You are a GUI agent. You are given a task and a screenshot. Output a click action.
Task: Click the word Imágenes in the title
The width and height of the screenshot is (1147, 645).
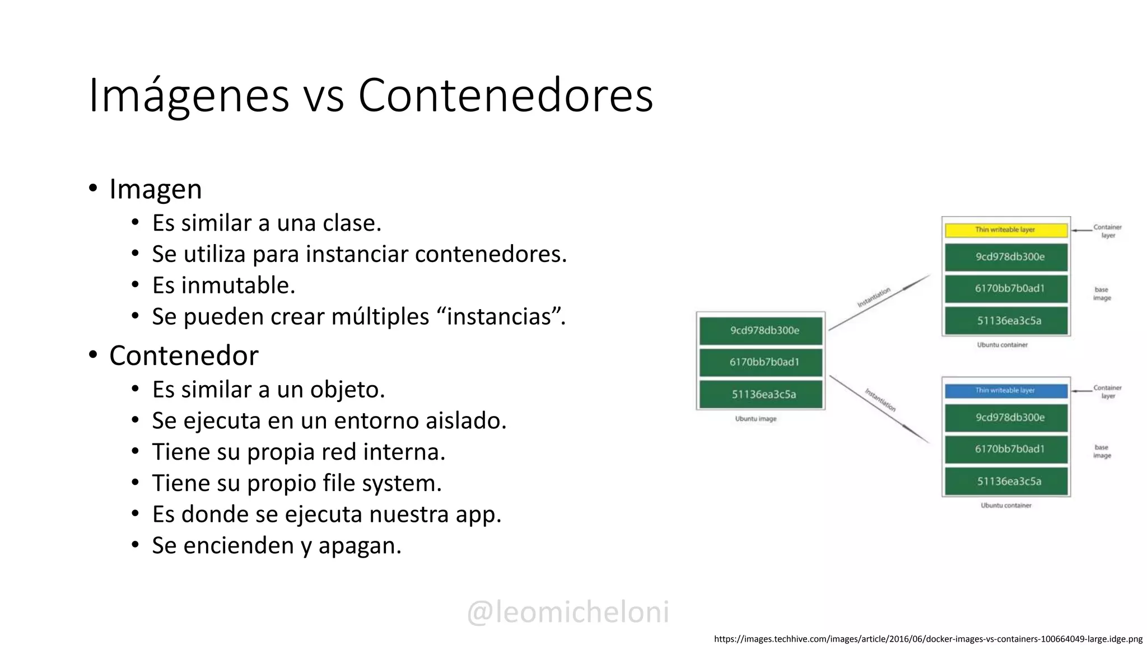(189, 95)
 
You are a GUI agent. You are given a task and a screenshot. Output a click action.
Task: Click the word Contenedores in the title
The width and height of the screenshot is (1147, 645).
(505, 95)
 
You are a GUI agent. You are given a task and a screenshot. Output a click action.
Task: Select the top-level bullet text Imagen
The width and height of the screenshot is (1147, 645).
(155, 189)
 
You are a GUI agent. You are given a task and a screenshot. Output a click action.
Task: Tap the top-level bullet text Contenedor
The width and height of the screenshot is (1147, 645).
(184, 356)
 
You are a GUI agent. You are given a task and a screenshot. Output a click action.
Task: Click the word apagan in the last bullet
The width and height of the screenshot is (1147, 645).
(359, 546)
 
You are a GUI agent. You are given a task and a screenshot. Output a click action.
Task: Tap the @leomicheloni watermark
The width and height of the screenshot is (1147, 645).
(568, 611)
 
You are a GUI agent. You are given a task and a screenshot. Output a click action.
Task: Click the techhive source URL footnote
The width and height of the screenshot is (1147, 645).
(928, 639)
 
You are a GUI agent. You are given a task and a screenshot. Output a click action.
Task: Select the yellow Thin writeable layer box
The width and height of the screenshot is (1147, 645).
(1006, 230)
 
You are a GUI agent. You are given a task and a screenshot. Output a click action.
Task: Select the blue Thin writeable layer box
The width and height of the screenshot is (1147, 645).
(1006, 391)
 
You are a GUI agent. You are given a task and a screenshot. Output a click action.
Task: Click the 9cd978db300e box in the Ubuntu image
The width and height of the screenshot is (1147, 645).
(761, 330)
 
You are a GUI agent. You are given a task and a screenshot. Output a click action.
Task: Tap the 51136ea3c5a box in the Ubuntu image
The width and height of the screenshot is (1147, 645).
(761, 394)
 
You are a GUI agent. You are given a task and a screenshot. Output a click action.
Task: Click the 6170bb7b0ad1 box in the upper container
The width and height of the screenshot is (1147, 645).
(1006, 289)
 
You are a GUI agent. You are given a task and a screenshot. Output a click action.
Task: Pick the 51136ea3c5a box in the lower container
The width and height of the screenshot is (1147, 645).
(1006, 482)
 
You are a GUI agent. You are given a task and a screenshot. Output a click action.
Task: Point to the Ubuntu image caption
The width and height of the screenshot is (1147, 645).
(756, 419)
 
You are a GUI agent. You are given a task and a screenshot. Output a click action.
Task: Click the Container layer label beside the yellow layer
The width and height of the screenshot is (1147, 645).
(1107, 231)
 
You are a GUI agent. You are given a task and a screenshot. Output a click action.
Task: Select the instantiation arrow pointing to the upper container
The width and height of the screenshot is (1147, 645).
(879, 302)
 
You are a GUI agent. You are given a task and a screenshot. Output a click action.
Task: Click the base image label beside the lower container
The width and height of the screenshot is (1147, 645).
(1102, 451)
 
